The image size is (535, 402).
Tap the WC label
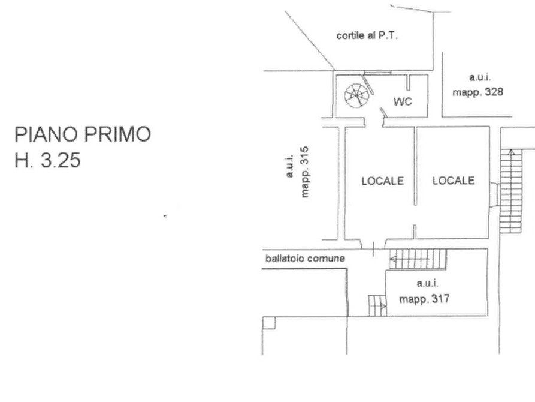click(403, 101)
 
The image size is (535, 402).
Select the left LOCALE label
click(382, 180)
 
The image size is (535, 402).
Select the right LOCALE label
click(454, 180)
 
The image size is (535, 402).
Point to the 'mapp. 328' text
click(480, 93)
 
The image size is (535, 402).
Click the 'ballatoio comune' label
click(305, 259)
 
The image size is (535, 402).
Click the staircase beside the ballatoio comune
click(418, 259)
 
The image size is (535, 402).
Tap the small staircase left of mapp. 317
click(376, 304)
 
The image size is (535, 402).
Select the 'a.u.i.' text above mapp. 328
click(480, 78)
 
